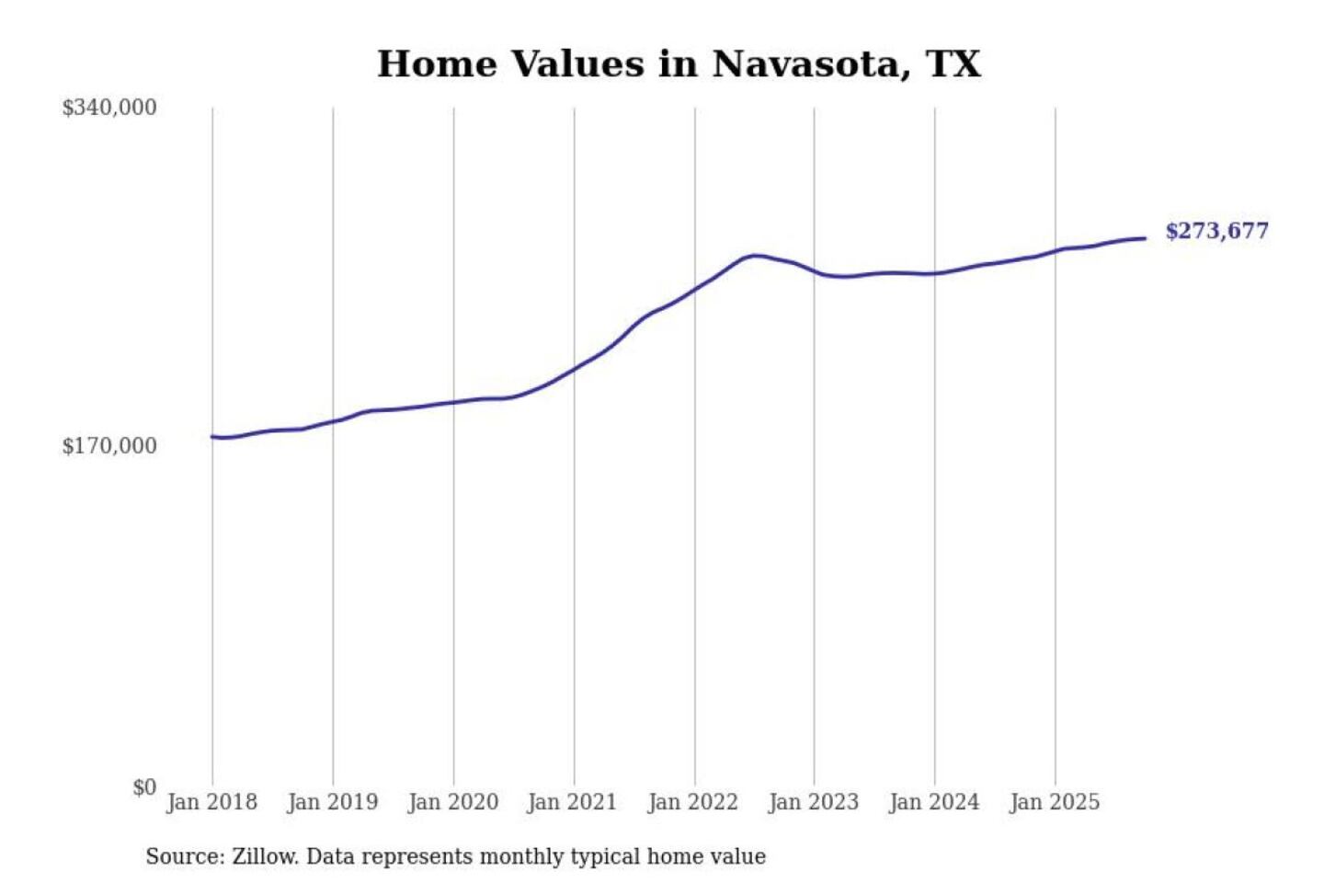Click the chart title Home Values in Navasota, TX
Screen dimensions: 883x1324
tap(679, 64)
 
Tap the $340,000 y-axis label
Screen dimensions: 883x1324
tap(109, 108)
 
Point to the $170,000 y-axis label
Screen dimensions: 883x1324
tap(109, 446)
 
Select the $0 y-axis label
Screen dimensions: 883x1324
tap(144, 787)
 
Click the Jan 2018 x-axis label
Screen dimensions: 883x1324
tap(211, 802)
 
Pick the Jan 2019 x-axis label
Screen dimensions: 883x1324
tap(332, 802)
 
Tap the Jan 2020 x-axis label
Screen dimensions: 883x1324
tap(452, 802)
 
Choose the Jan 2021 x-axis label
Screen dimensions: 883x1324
tap(572, 802)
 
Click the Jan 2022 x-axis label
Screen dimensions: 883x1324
tap(692, 802)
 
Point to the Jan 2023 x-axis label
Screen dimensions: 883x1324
tap(813, 802)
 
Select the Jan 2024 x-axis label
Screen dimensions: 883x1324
tap(934, 802)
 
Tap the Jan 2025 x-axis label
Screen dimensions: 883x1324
tap(1054, 802)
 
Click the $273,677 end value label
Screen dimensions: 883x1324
tap(1216, 231)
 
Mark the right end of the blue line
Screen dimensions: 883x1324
tap(1145, 238)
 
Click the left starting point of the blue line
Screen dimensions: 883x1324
tap(212, 437)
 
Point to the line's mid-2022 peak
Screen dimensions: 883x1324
tap(755, 255)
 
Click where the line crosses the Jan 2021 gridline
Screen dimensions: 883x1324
tap(575, 369)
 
